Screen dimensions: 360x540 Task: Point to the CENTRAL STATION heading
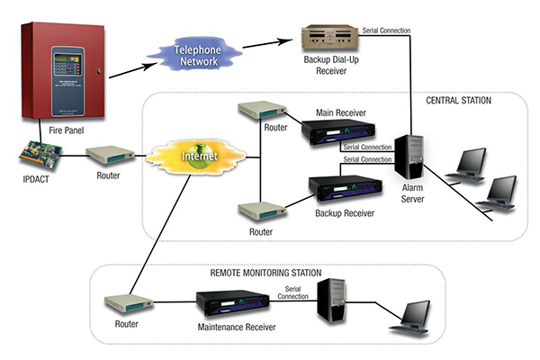pos(459,101)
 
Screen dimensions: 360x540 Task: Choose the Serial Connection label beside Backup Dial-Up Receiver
pos(386,30)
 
